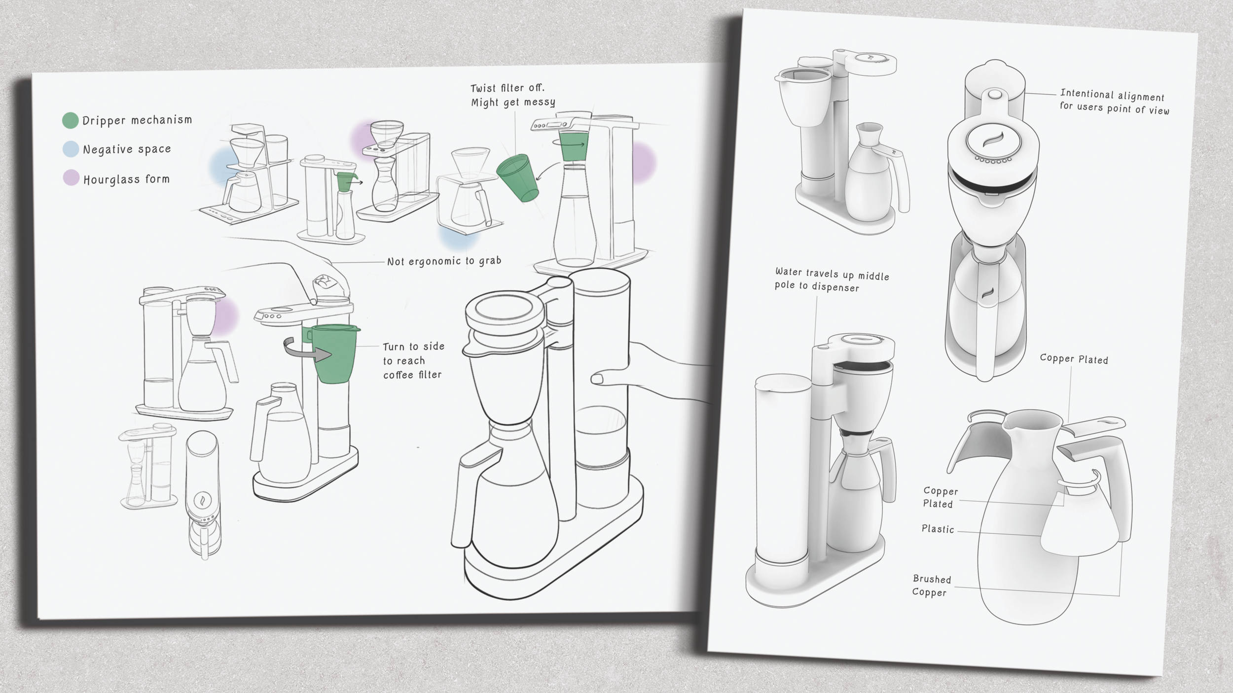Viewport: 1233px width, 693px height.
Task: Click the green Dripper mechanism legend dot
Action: tap(70, 120)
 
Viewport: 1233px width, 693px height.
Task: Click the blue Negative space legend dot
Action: tap(71, 149)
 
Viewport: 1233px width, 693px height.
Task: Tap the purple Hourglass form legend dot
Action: tap(71, 178)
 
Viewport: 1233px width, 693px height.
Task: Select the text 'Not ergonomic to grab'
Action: tap(444, 261)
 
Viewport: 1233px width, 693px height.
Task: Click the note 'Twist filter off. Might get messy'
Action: tap(512, 95)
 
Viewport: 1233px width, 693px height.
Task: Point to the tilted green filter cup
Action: tap(517, 178)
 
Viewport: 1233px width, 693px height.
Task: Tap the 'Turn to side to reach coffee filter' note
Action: tap(413, 361)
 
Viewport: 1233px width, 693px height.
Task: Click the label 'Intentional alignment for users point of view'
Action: tap(1114, 102)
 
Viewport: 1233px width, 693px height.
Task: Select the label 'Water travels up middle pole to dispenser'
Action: tap(832, 280)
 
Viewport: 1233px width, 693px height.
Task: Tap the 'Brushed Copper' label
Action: tap(931, 586)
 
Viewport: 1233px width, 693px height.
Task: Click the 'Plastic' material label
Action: tap(938, 529)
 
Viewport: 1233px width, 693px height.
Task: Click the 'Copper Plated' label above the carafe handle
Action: tap(1073, 359)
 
